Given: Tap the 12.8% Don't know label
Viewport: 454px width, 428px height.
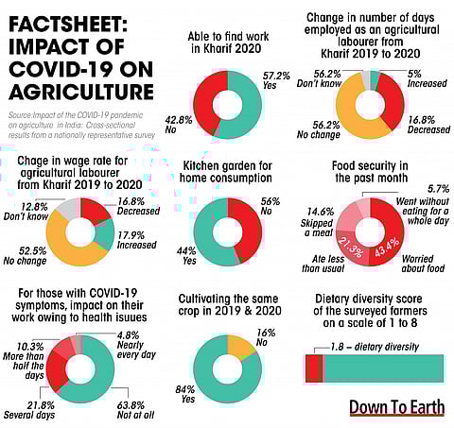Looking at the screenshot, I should coord(30,212).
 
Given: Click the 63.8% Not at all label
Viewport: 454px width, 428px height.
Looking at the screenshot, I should coord(137,411).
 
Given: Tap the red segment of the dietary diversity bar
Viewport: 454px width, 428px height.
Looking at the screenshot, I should coord(314,368).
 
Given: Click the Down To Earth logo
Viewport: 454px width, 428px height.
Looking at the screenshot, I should coord(396,407).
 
